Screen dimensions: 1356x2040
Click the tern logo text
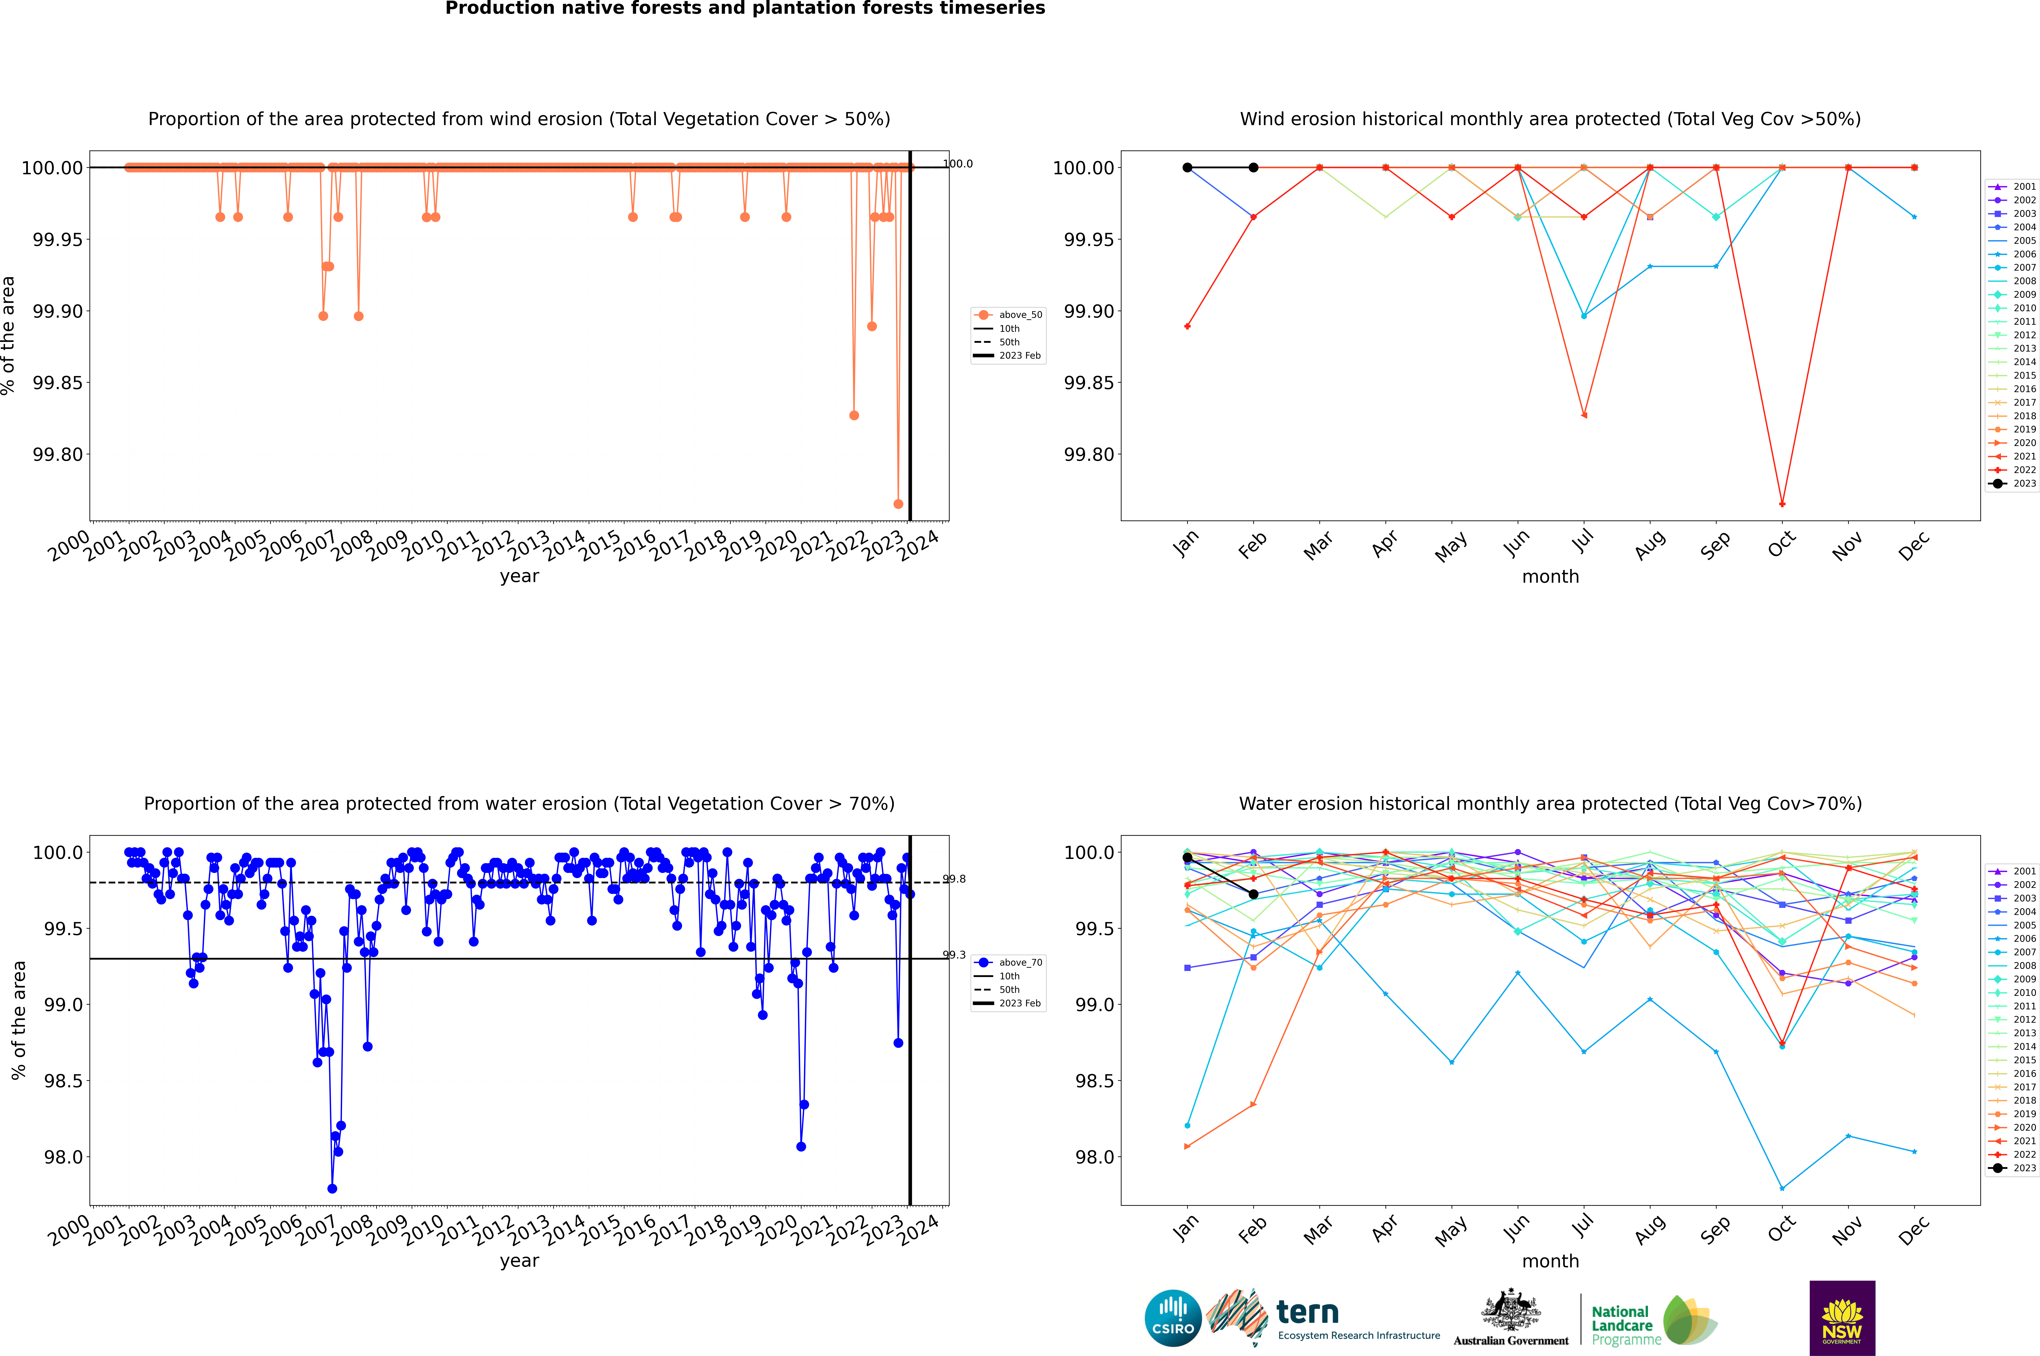[x=1308, y=1313]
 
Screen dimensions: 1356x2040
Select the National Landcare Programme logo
[x=1654, y=1321]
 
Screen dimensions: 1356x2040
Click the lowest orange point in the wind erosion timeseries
[x=899, y=504]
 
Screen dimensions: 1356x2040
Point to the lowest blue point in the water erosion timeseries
[x=332, y=1189]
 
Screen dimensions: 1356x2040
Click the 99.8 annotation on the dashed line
[x=955, y=880]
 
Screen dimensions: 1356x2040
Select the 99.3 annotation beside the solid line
[x=955, y=956]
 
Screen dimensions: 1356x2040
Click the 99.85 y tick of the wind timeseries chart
[x=58, y=383]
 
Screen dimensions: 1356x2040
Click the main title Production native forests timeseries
[x=745, y=9]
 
